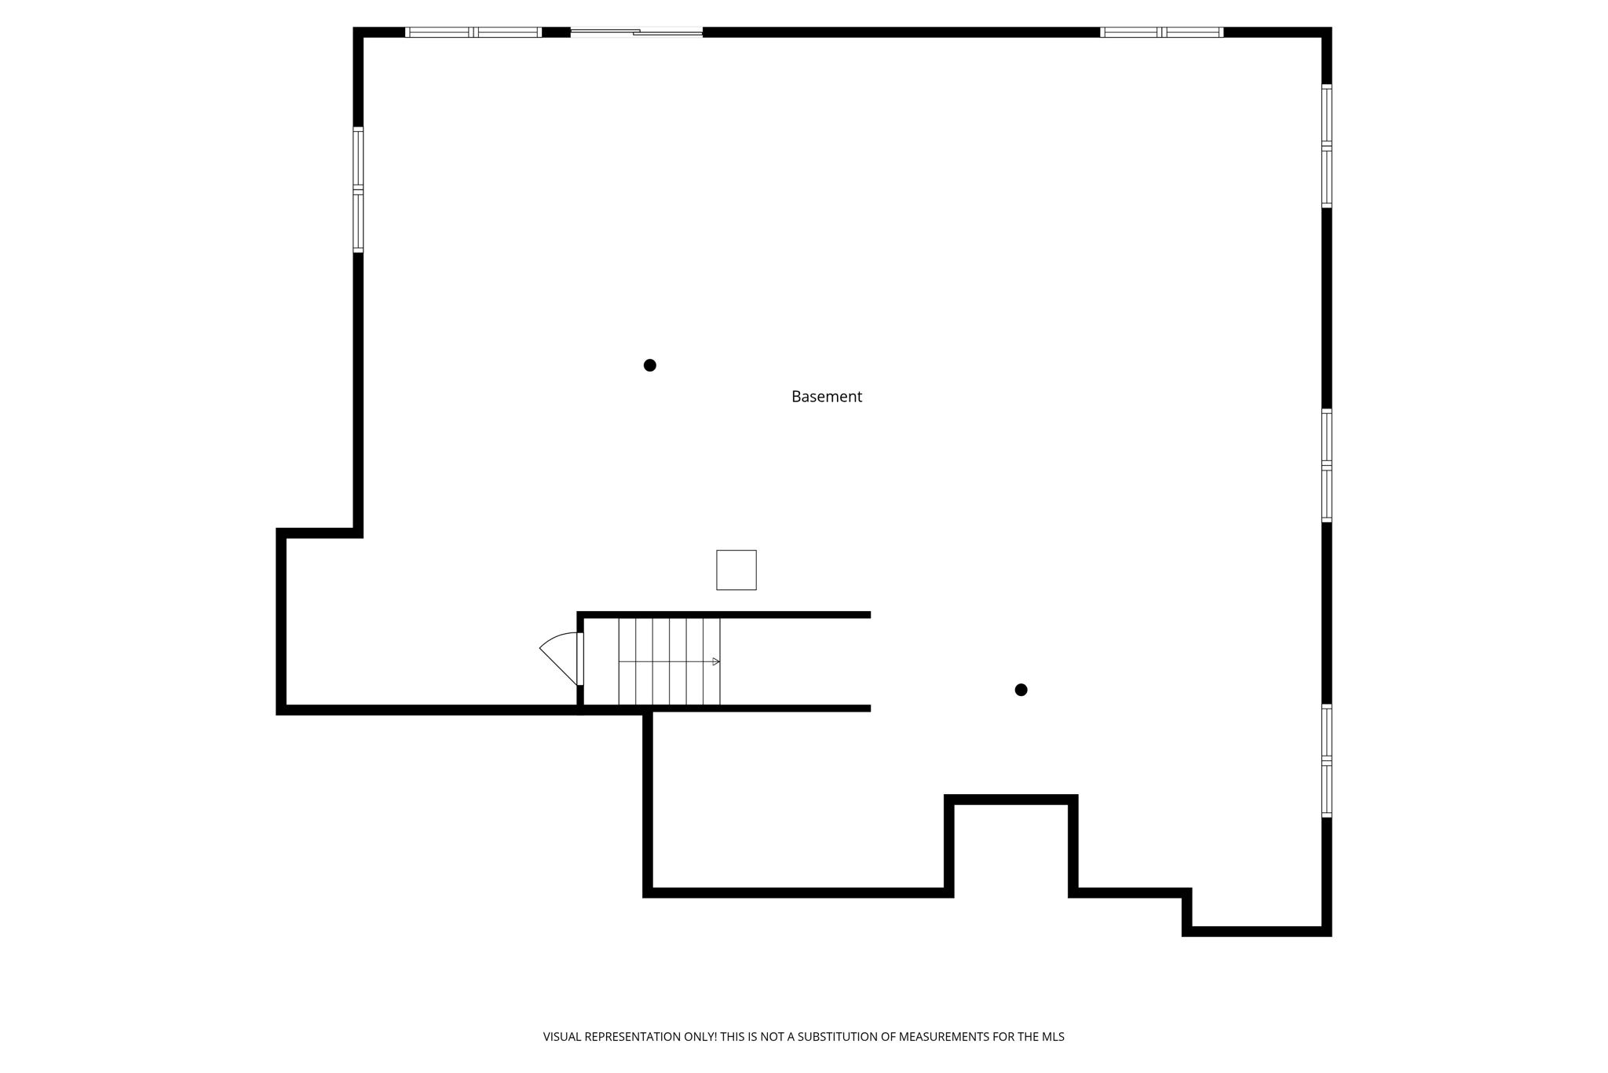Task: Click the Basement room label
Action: tap(826, 397)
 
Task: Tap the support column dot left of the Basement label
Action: tap(649, 365)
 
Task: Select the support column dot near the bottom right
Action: tap(1021, 690)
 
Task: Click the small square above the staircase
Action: tap(736, 569)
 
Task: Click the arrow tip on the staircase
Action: tap(716, 661)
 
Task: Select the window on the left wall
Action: tap(358, 189)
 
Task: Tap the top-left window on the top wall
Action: tap(473, 32)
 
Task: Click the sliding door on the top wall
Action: tap(636, 32)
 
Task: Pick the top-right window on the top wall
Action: tap(1161, 32)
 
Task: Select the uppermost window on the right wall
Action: tap(1326, 146)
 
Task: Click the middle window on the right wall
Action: tap(1326, 465)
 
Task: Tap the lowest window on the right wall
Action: tap(1326, 760)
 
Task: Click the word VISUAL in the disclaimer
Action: tap(563, 1037)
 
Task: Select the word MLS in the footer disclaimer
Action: tap(1053, 1037)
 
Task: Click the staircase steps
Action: tap(668, 661)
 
